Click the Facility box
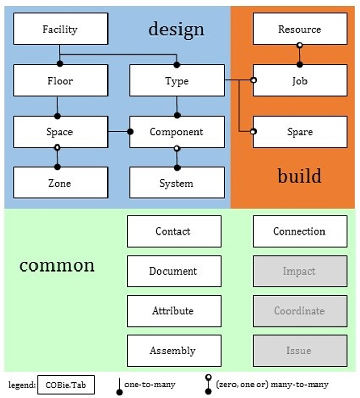61,29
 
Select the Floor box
61,80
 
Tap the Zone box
61,183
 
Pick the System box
176,183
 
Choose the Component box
176,132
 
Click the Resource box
299,29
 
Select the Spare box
299,132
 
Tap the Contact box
173,231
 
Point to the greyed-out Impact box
299,271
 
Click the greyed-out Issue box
299,351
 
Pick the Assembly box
173,351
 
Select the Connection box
299,231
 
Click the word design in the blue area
176,29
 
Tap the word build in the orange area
299,176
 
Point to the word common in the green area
57,265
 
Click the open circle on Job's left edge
253,80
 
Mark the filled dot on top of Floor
60,64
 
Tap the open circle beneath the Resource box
299,46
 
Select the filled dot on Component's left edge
130,132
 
